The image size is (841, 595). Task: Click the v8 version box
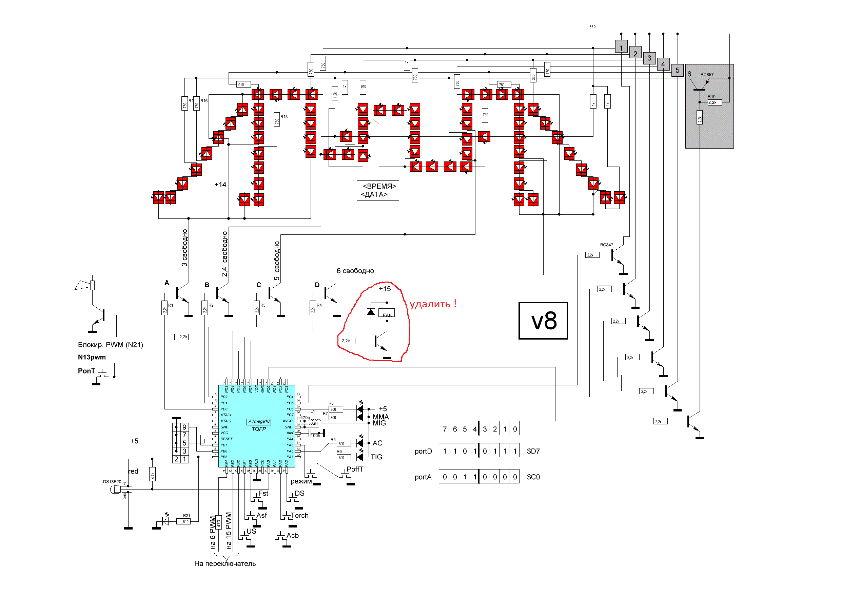(x=543, y=321)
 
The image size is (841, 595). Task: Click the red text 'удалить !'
(x=433, y=304)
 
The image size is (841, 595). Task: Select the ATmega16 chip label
(x=259, y=421)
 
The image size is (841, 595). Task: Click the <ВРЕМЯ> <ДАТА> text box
(x=378, y=190)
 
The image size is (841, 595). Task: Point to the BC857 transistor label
(x=707, y=74)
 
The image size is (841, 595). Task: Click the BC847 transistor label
(x=606, y=245)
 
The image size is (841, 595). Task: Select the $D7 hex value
(x=533, y=451)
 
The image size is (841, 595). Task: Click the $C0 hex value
(x=533, y=477)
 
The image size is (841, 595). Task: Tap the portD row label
(x=423, y=451)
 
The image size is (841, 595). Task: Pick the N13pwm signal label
(x=92, y=357)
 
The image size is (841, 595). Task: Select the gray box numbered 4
(x=663, y=64)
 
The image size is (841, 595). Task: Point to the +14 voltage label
(x=220, y=185)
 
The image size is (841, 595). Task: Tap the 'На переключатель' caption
(x=225, y=563)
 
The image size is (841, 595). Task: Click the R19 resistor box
(x=714, y=102)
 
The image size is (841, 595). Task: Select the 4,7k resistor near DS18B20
(x=152, y=475)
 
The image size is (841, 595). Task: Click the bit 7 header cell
(x=444, y=429)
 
